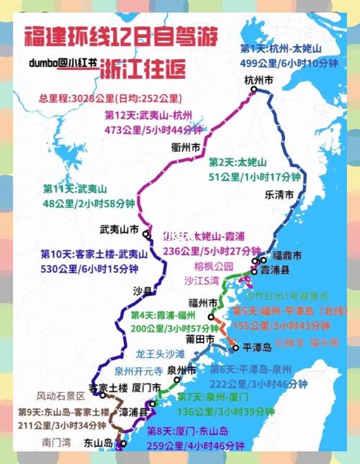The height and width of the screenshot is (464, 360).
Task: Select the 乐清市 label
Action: [279, 194]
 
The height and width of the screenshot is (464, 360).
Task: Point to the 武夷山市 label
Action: [119, 230]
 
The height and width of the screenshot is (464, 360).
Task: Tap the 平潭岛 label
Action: [256, 347]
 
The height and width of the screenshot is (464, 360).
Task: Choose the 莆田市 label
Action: [199, 338]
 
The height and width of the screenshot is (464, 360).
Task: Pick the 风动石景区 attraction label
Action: [60, 396]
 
